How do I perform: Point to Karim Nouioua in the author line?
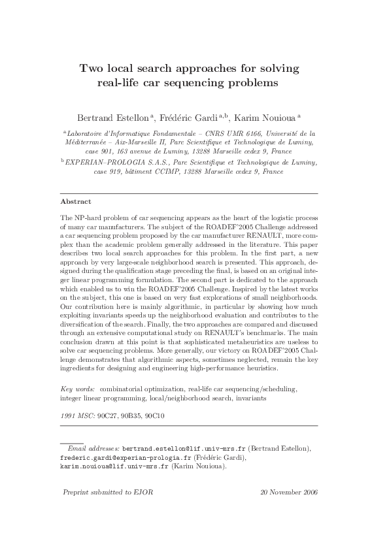[266, 118]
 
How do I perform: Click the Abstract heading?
[75, 202]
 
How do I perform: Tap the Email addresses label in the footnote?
[93, 449]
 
